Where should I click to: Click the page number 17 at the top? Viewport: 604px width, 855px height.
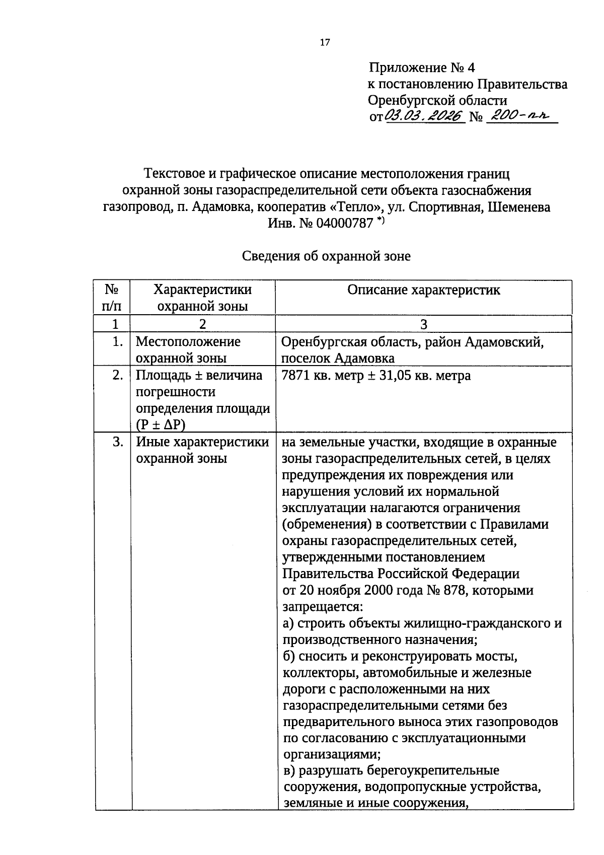point(325,42)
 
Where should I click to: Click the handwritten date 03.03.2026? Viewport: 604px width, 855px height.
point(424,116)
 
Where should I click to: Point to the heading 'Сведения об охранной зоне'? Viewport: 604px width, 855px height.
point(326,256)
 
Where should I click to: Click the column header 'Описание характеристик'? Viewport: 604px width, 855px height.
point(424,290)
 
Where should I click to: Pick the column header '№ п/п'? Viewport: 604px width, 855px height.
point(112,298)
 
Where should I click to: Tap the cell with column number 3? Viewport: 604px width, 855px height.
point(424,324)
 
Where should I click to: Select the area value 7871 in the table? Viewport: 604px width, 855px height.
point(296,376)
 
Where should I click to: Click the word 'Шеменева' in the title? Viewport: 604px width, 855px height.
point(518,206)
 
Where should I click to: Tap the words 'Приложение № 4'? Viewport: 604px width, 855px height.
point(422,67)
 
